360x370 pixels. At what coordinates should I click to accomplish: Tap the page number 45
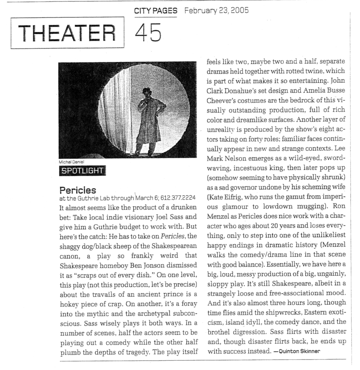coord(148,31)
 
